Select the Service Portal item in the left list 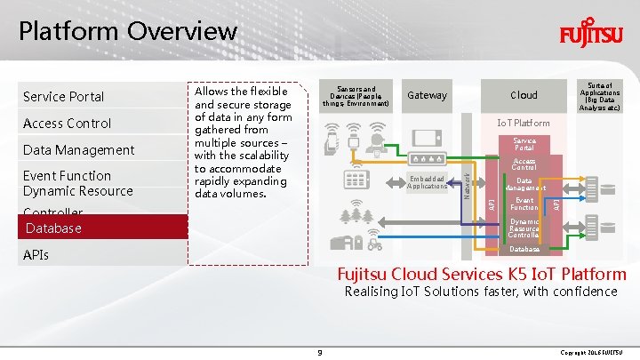pyautogui.click(x=63, y=96)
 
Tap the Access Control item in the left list pyautogui.click(x=67, y=123)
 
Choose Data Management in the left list pyautogui.click(x=78, y=149)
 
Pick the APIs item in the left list pyautogui.click(x=36, y=255)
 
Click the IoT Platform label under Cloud pyautogui.click(x=524, y=123)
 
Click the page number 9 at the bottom pyautogui.click(x=319, y=353)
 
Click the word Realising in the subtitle pyautogui.click(x=372, y=292)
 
